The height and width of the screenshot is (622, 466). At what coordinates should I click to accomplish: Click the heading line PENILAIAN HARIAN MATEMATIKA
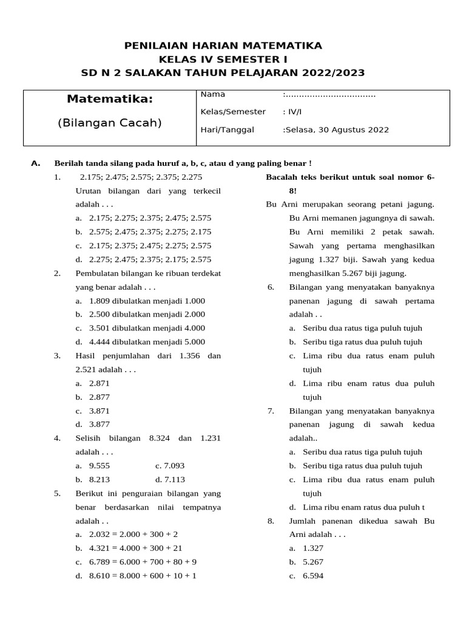coord(223,46)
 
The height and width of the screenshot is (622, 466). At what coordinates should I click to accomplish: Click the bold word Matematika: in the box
coord(110,98)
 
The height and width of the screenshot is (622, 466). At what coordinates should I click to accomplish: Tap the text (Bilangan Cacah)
coord(110,123)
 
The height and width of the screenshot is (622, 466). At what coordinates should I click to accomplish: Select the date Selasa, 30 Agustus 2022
coord(337,129)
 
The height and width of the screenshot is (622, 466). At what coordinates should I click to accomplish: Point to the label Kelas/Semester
coord(233,112)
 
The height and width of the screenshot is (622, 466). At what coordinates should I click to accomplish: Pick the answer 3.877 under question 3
coord(100,425)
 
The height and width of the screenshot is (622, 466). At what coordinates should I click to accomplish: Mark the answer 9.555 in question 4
coord(100,466)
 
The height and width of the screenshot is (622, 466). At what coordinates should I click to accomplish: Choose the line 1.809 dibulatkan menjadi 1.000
coord(147,301)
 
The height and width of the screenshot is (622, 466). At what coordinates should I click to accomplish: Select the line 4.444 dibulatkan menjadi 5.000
coord(147,342)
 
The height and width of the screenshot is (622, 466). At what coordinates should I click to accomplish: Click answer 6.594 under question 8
coord(313,575)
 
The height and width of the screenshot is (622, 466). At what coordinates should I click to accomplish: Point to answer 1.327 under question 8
coord(313,548)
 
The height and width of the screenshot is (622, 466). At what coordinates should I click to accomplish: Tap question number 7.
coord(271,411)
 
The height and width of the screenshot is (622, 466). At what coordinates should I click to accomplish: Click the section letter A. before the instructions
coord(35,163)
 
